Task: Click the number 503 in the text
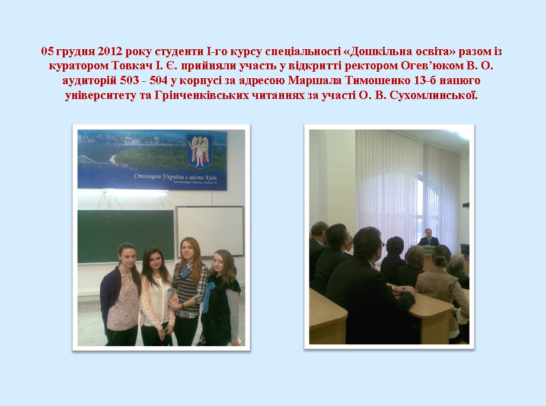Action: point(129,81)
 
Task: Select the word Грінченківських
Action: point(202,95)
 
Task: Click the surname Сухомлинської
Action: point(433,95)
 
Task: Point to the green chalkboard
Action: point(126,236)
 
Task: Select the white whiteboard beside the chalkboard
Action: point(210,231)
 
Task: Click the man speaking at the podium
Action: point(428,238)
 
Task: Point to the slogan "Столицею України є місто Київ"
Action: point(175,177)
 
